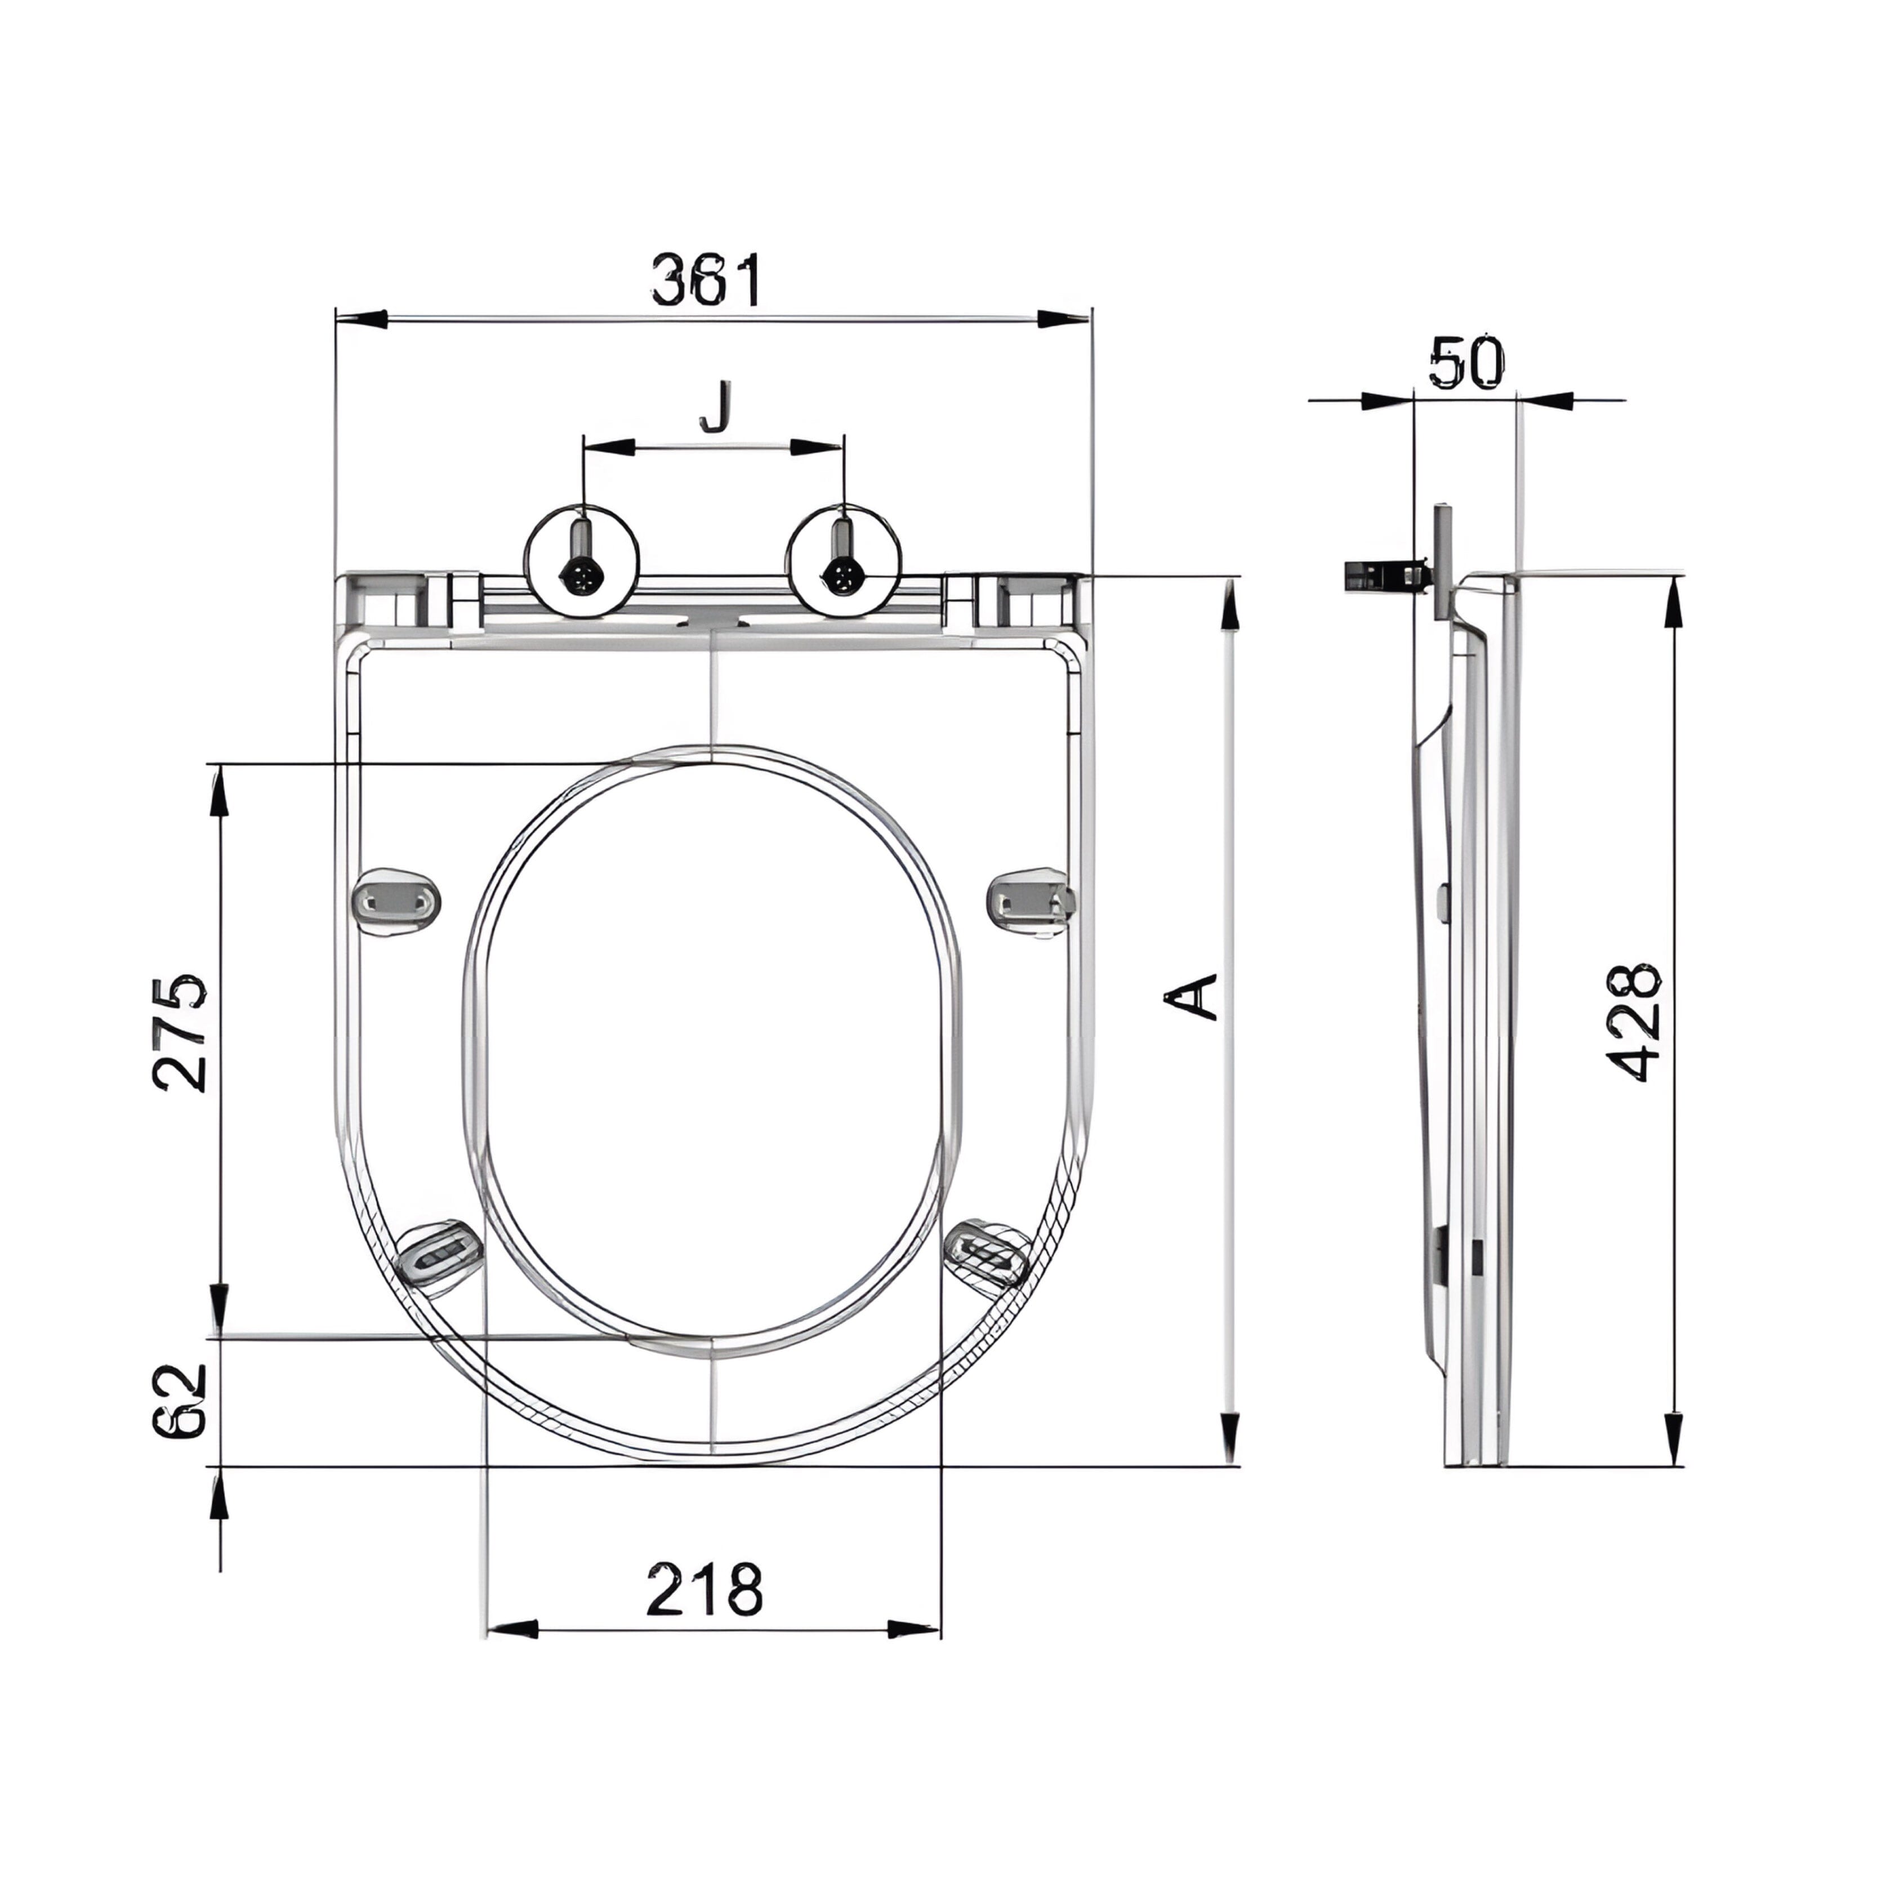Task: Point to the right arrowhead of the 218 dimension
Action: point(914,1628)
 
